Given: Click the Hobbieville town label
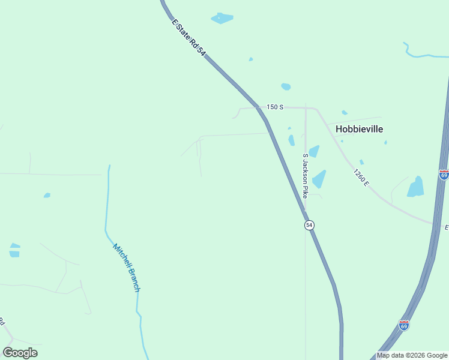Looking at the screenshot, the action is (x=359, y=129).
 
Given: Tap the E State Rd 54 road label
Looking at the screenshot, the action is (x=189, y=38).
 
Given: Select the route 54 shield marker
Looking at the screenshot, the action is (x=309, y=225).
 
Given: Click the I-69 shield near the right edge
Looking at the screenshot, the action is (x=444, y=175).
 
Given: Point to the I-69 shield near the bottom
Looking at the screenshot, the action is (x=404, y=325).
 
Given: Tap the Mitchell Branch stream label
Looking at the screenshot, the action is (x=127, y=268).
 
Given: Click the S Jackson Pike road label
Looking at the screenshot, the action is (x=305, y=176).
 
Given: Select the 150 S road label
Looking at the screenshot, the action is (x=274, y=107).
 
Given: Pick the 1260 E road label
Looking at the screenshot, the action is (x=361, y=177).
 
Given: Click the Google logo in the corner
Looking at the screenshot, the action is (x=20, y=352).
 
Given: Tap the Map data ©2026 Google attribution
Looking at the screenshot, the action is (x=412, y=355).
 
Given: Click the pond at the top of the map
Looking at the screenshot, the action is (x=222, y=18).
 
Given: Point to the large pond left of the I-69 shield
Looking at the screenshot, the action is (x=415, y=187).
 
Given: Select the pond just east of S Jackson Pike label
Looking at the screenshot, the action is (x=319, y=179).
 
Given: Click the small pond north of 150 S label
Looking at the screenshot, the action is (x=286, y=86).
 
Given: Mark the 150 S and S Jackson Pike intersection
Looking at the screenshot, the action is (x=306, y=108).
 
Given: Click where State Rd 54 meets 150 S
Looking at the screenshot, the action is (x=260, y=109).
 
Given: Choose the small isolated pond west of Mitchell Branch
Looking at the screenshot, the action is (x=47, y=195).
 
